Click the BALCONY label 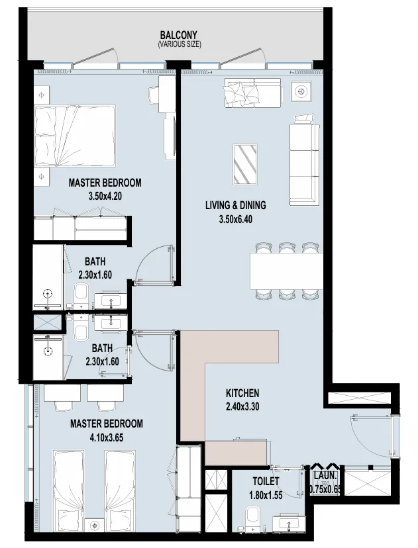click(x=179, y=35)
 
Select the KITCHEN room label click(x=242, y=392)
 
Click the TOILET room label click(x=266, y=481)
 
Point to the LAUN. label click(x=325, y=475)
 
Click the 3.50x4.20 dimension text click(x=105, y=196)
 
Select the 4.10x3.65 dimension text click(x=105, y=437)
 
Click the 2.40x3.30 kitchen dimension click(x=242, y=406)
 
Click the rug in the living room click(x=246, y=164)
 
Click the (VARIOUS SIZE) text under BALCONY click(x=179, y=44)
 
